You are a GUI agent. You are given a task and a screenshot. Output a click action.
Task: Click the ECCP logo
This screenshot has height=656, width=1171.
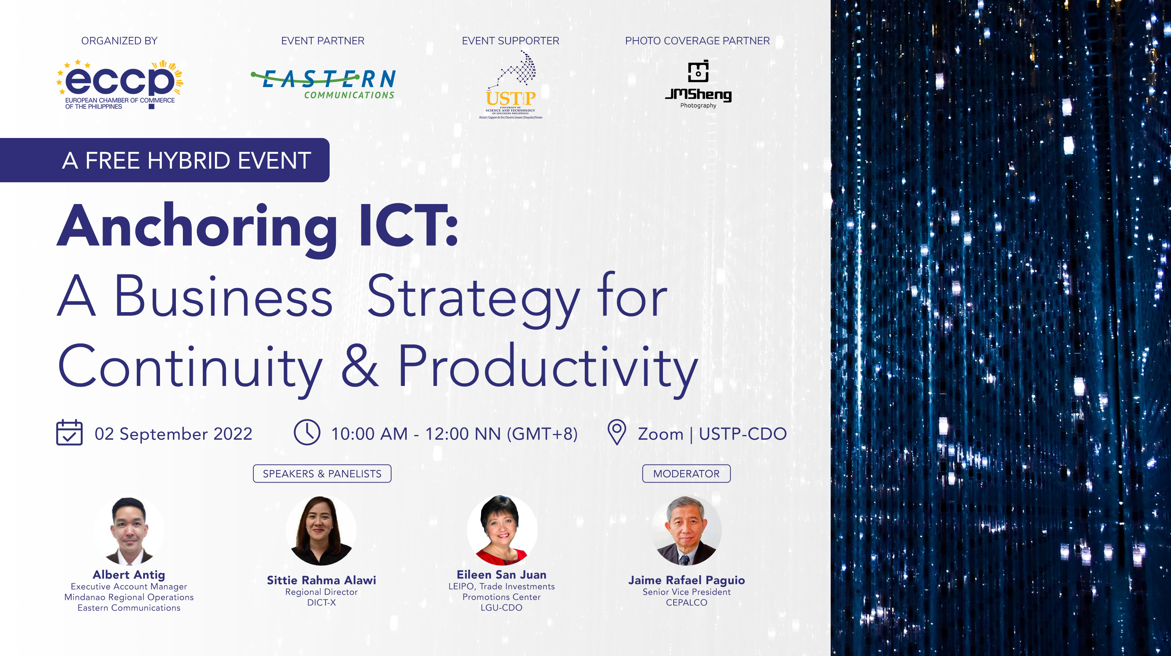(x=119, y=84)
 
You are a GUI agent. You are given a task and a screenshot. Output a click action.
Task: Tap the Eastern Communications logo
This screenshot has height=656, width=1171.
(x=323, y=84)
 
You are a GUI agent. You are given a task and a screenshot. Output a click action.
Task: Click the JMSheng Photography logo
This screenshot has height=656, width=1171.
(x=698, y=84)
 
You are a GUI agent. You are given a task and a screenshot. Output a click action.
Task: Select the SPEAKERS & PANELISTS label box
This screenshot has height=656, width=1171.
(x=322, y=474)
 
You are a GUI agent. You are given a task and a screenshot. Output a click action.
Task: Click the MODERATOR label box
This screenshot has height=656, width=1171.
(x=686, y=474)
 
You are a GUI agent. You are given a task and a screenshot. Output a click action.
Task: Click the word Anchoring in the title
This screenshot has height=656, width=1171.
(x=197, y=228)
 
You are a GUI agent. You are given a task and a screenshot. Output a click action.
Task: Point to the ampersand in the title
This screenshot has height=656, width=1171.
(x=359, y=367)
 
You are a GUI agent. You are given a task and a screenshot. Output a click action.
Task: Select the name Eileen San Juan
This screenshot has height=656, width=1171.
(x=501, y=574)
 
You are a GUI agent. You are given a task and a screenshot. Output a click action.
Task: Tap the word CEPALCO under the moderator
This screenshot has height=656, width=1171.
(x=687, y=603)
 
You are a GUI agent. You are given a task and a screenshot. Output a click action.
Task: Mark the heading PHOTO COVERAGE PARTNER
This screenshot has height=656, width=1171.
(x=697, y=41)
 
